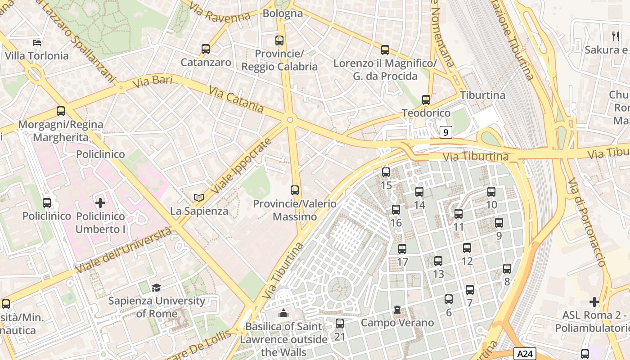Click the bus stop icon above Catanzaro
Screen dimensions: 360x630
tap(206, 49)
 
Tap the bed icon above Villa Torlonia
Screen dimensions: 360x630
tap(37, 43)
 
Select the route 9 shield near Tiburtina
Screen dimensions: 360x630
tap(445, 132)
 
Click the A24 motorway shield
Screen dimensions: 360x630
tap(526, 354)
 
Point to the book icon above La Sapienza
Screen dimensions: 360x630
tap(198, 198)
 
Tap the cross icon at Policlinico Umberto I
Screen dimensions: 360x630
tap(100, 203)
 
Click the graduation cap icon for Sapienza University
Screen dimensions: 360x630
tap(156, 288)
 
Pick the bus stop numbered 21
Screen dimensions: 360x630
tap(340, 323)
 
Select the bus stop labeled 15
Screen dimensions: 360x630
tap(386, 172)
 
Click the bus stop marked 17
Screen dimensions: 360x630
tap(402, 249)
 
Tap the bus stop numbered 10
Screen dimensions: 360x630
tap(491, 192)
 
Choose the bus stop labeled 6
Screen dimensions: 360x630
tap(449, 299)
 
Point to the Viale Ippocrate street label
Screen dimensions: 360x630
tap(242, 166)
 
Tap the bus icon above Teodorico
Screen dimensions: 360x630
tap(426, 100)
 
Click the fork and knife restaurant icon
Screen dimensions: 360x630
tap(615, 36)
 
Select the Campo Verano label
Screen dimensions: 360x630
tap(397, 323)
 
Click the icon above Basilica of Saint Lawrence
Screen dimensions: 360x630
tap(283, 313)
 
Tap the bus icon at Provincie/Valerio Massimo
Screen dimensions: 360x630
tap(295, 190)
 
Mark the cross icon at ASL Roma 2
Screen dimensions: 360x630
tap(594, 302)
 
